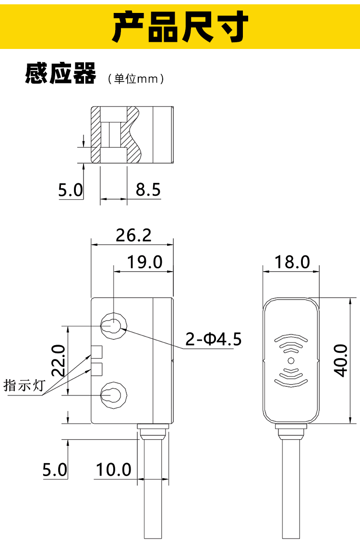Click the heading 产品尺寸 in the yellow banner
coord(180,26)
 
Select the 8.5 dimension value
coord(148,190)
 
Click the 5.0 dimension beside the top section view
coord(71,191)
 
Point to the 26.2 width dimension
coord(133,235)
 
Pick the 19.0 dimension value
coord(144,262)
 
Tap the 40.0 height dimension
coord(340,360)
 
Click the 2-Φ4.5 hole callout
coord(214,339)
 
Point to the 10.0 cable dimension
coord(113,469)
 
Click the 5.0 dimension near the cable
coord(55,469)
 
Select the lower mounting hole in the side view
coord(113,395)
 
